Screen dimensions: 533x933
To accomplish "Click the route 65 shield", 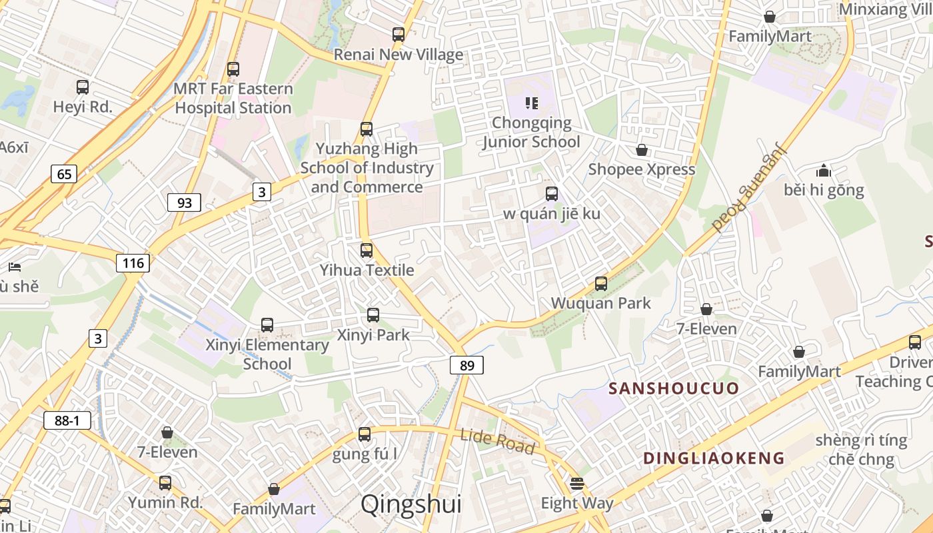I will click(64, 175).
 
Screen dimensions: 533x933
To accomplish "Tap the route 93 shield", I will click(184, 202).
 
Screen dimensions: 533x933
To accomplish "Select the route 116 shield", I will click(133, 263).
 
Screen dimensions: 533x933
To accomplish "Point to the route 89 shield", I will click(467, 365).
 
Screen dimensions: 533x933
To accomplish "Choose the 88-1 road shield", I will click(67, 420).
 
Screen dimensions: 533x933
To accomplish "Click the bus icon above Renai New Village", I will click(399, 35).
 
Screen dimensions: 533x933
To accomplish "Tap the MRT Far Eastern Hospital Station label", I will click(233, 98).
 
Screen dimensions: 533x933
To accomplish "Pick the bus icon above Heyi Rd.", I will click(83, 87).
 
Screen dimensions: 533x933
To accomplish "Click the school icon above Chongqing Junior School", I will click(531, 103).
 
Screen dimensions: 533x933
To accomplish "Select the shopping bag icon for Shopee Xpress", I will click(642, 150).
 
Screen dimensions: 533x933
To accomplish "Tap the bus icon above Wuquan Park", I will click(601, 284).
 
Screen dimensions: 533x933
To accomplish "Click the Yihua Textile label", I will click(367, 270).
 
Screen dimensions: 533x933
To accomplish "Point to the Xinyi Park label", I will click(373, 334).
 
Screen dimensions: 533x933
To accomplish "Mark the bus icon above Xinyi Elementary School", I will click(267, 325).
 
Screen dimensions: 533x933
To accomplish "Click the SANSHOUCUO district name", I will click(674, 388).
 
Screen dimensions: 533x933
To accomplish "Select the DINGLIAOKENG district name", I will click(714, 458).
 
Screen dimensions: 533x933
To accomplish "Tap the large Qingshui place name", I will click(411, 504).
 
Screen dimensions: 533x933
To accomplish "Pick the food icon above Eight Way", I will click(577, 483).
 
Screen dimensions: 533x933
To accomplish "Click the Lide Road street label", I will click(497, 441).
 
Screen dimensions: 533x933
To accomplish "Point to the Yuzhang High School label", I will click(367, 167).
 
